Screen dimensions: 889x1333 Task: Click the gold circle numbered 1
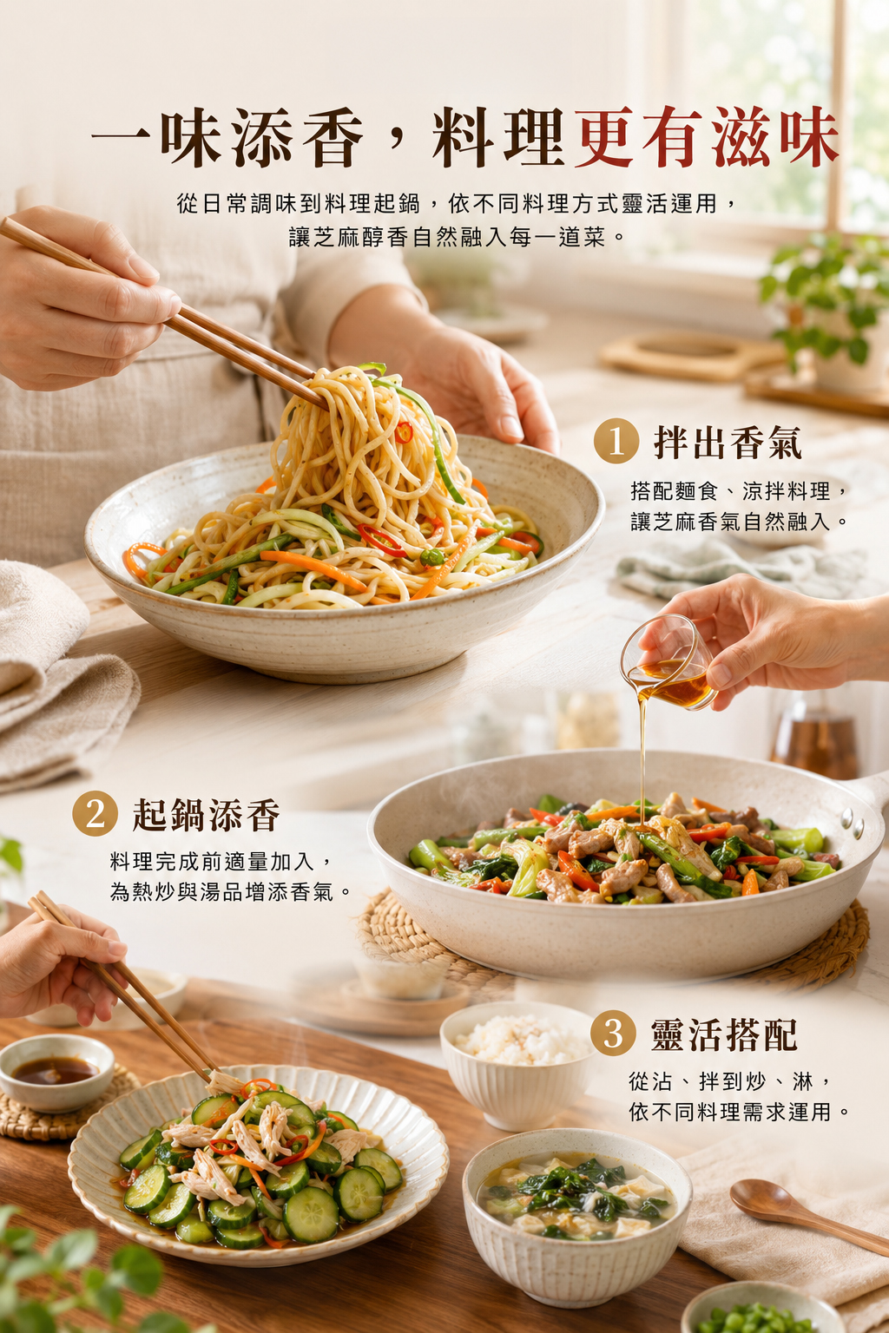point(616,441)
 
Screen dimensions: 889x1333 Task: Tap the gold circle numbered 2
point(95,813)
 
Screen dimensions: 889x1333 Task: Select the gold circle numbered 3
point(613,1033)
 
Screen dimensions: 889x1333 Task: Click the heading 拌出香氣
point(727,442)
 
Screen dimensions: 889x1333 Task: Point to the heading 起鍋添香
point(206,814)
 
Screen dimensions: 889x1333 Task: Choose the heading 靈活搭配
point(724,1034)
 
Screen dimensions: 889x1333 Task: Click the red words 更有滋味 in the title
point(707,137)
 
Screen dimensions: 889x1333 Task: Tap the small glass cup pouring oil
point(668,662)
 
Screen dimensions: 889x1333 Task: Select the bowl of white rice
point(517,1064)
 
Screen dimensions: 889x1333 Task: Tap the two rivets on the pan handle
point(852,821)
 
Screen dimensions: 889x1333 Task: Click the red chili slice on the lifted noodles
point(404,431)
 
